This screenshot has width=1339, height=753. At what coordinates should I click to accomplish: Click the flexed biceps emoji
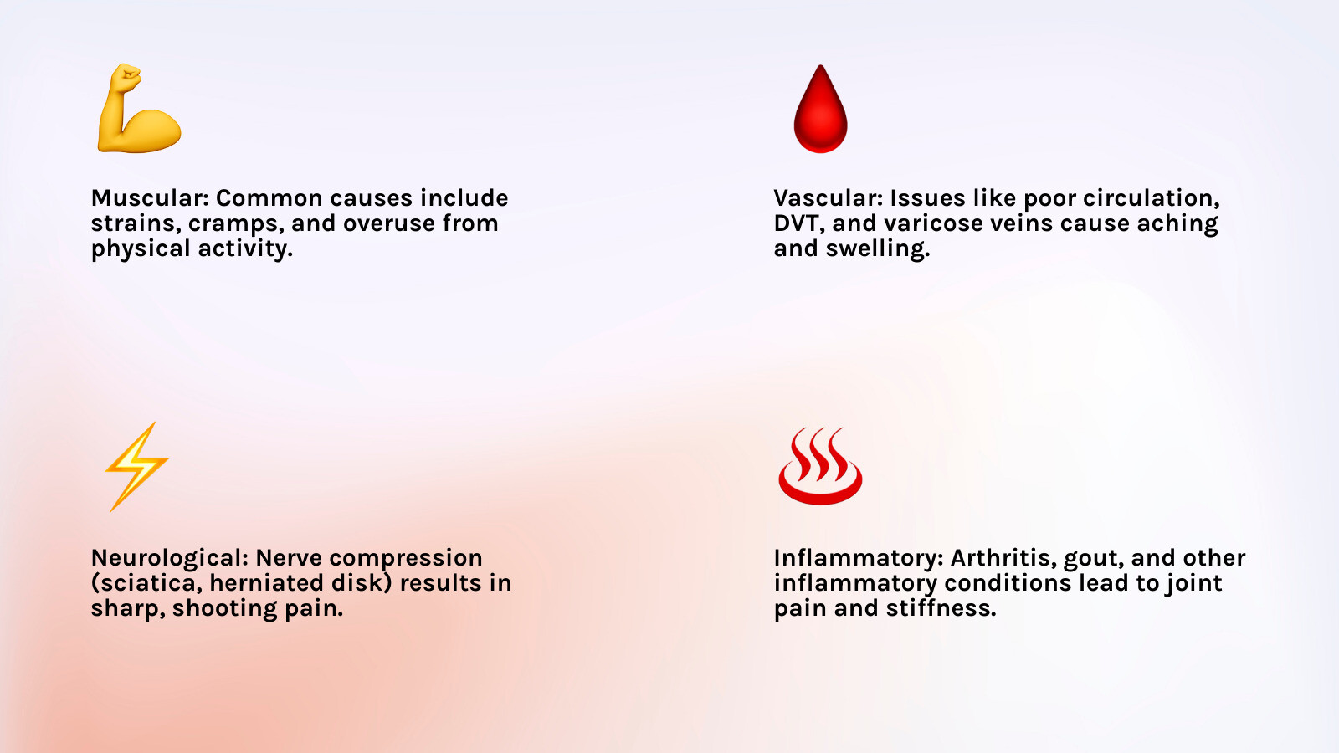[138, 110]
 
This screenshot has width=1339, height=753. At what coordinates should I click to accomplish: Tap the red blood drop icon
[820, 110]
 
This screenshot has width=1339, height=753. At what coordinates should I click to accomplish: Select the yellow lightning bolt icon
[137, 466]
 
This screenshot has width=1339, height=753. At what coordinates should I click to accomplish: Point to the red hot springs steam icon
[820, 466]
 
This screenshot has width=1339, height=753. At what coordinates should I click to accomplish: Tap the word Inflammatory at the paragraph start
[858, 558]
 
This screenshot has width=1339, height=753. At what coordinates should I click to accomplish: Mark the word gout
[1091, 558]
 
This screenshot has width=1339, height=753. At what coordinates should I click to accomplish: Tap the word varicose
[934, 223]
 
